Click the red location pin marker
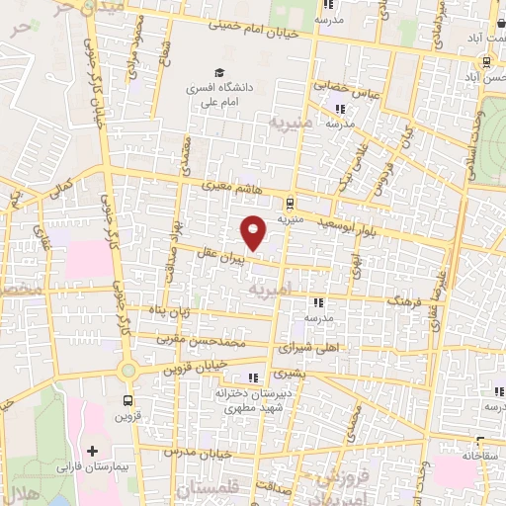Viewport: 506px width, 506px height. point(254,232)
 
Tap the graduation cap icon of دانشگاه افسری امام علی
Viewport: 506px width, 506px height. point(219,72)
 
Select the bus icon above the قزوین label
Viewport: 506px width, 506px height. point(127,400)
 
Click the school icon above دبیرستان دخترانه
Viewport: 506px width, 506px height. point(254,377)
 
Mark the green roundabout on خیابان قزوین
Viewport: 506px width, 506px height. point(128,370)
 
